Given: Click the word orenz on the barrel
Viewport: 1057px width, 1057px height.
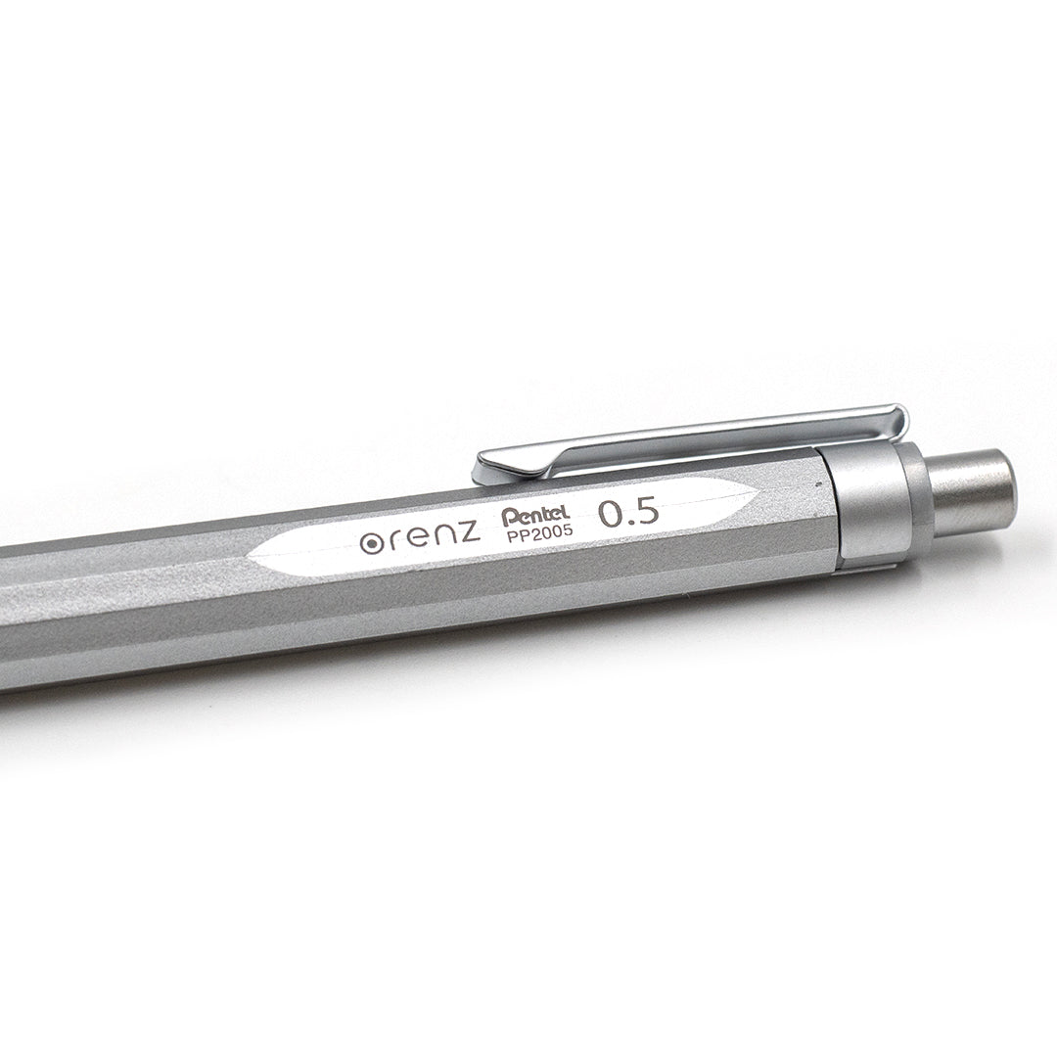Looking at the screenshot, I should click(x=419, y=537).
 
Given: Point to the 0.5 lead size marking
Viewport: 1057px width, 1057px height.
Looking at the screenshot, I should click(x=629, y=514).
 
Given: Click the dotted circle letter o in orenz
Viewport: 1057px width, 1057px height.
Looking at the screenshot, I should click(x=371, y=544).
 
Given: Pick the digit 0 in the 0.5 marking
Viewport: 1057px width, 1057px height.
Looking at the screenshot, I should click(x=611, y=516).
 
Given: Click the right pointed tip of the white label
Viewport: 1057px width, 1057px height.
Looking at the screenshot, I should click(x=756, y=494).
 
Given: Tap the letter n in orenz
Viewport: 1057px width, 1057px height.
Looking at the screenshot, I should click(x=442, y=536).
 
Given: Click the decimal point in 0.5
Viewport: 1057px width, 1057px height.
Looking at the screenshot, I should click(x=630, y=523).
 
